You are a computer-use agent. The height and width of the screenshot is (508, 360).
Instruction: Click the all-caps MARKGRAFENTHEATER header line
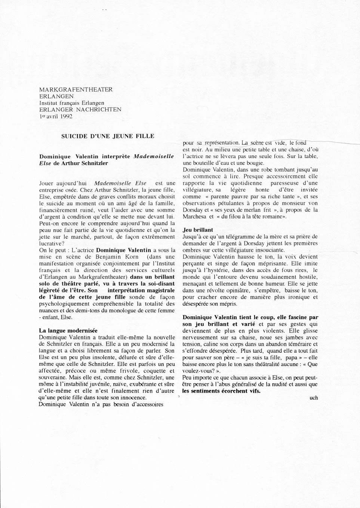point(76,89)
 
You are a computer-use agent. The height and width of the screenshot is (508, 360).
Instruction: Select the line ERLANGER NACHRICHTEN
point(80,109)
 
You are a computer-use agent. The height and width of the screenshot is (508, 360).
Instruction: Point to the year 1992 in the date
point(65,116)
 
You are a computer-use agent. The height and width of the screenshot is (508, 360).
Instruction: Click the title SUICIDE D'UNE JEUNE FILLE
point(108,136)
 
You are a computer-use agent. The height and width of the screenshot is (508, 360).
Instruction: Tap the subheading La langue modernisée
point(68,330)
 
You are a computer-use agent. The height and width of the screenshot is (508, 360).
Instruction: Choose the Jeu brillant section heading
point(198,230)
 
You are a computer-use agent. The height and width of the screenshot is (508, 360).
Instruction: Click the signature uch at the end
point(314,398)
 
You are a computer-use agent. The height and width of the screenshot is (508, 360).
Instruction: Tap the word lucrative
point(52,243)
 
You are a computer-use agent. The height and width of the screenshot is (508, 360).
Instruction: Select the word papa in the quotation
point(290,357)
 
